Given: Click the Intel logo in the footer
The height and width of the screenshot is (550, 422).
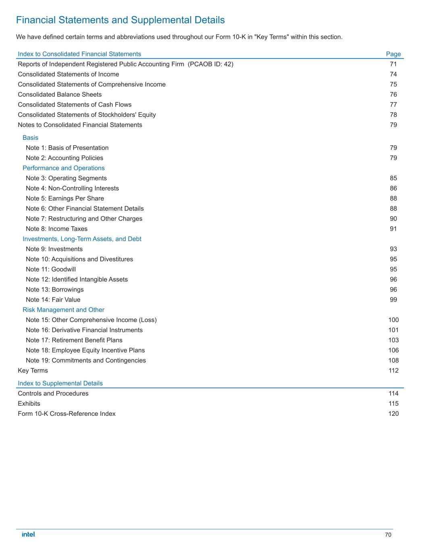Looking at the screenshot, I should [x=29, y=534].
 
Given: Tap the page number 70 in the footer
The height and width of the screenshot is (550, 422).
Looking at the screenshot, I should [x=388, y=535].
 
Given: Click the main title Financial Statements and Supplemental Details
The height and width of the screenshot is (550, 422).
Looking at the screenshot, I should [x=120, y=20].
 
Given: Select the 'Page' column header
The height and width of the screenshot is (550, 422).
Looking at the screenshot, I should [x=393, y=54].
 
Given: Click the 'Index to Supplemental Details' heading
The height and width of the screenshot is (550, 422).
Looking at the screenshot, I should [x=60, y=383].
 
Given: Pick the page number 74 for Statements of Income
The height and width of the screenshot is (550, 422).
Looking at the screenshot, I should [x=393, y=74].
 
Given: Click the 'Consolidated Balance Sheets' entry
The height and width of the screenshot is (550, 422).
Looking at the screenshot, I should [x=60, y=94].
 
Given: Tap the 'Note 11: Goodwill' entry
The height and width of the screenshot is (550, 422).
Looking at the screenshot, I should [x=51, y=269].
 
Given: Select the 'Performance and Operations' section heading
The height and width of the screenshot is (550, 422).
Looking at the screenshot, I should [x=64, y=168].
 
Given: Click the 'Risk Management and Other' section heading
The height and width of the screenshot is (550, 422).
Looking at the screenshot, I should [x=63, y=309].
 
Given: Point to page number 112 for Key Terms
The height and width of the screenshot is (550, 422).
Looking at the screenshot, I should [x=393, y=370].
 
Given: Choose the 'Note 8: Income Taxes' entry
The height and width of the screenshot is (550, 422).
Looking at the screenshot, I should [x=56, y=228].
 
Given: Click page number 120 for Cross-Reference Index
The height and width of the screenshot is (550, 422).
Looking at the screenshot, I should [x=393, y=413].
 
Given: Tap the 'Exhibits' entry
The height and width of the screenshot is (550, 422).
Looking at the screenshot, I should [x=29, y=403].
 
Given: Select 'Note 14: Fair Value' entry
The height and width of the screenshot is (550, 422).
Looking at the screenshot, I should [x=53, y=299].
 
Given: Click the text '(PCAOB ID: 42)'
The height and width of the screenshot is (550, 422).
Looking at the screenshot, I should [x=211, y=64].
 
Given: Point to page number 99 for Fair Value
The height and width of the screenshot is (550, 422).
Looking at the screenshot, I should [x=393, y=299].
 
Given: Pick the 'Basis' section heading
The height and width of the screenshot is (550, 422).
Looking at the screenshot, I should [x=30, y=137].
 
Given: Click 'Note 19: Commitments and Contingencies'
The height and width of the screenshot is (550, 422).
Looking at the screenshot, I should [x=86, y=360].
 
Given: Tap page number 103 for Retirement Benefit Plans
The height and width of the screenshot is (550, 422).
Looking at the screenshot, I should [x=393, y=340].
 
